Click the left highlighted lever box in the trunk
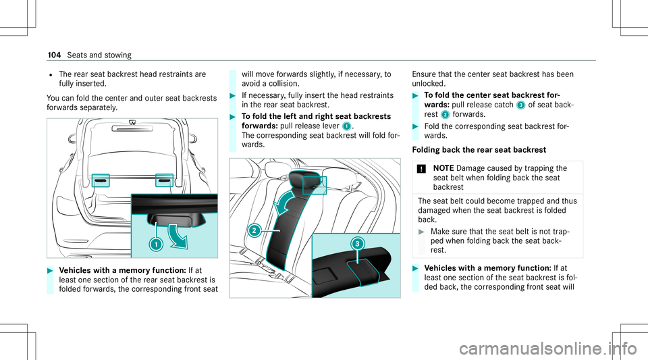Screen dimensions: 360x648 coord(100,181)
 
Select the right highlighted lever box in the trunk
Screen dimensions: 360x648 coord(164,181)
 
